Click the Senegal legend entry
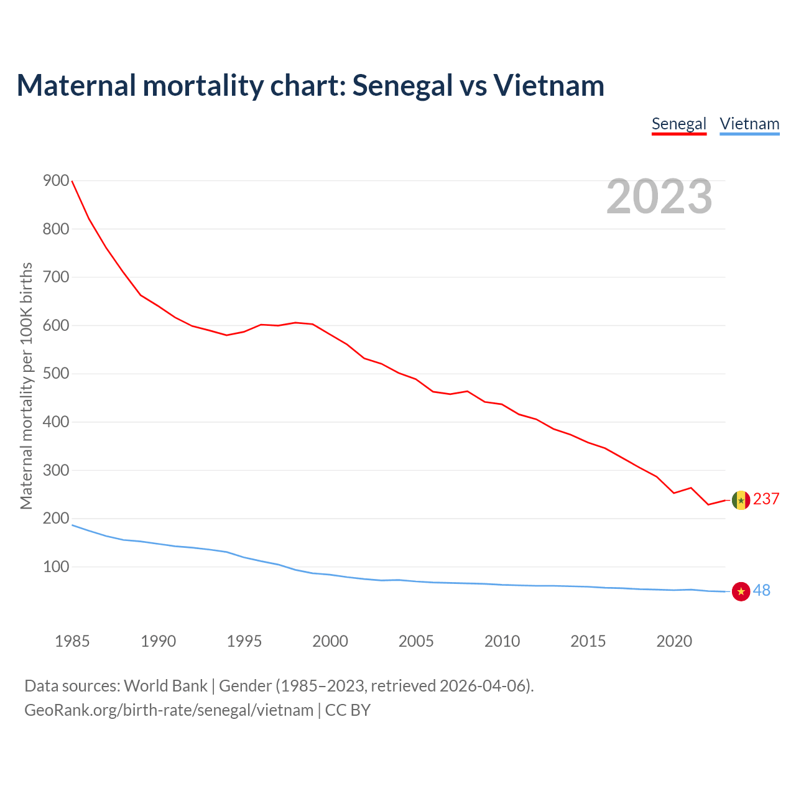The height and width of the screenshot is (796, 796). coord(678,124)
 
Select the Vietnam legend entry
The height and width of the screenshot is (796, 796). coord(749,124)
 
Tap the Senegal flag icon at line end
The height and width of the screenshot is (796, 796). coord(741,500)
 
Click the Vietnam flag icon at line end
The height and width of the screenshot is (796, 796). coord(741,591)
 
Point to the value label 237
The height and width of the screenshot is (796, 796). coord(766,499)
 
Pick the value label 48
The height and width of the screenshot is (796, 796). coord(762,590)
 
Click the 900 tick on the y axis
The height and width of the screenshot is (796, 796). coord(56,180)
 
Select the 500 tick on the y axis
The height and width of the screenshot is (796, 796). coord(56,373)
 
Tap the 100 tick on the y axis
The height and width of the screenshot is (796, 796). coord(56,567)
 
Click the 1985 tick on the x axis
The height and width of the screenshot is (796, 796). coord(72,641)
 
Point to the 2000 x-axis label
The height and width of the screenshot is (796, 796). coord(330,641)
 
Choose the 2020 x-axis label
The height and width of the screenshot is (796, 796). coord(674,641)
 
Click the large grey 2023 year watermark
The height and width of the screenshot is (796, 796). coord(659,197)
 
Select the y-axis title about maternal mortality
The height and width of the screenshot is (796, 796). coord(26,386)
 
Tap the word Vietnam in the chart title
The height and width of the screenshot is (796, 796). coord(549,85)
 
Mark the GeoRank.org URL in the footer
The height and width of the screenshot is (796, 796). coord(169,710)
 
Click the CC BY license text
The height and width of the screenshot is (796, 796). coord(348,710)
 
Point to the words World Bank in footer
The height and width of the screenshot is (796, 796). coord(165,685)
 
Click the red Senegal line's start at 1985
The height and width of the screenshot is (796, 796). coord(73,181)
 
